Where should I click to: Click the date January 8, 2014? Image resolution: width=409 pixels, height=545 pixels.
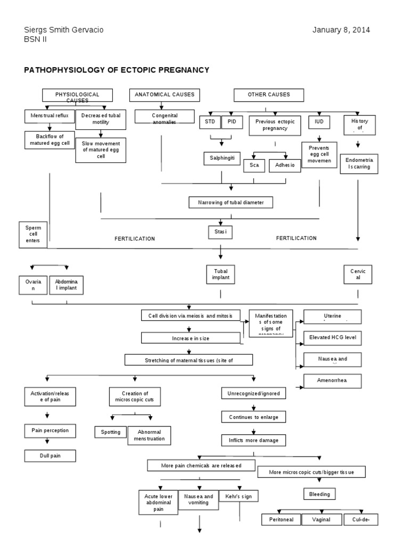(x=341, y=30)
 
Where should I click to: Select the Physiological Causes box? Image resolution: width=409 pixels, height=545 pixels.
(x=77, y=95)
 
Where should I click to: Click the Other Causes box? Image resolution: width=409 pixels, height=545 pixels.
(x=269, y=95)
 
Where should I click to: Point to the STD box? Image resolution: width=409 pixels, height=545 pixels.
(x=209, y=122)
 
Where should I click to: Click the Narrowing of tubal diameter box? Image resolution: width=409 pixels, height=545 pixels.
(x=231, y=203)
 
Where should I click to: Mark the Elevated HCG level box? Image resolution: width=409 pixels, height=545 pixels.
(x=332, y=337)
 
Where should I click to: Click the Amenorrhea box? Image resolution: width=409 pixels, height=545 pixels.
(x=332, y=381)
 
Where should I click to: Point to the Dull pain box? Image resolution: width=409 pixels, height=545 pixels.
(x=50, y=456)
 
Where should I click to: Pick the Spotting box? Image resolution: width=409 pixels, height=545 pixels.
(x=110, y=432)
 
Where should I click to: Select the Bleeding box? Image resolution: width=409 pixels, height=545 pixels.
(x=320, y=494)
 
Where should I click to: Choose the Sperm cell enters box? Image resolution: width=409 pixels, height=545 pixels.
(x=33, y=234)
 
